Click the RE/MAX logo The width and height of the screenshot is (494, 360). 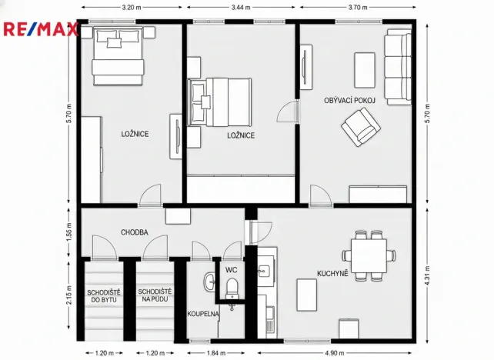(41, 30)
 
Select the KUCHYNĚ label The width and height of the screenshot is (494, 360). (332, 273)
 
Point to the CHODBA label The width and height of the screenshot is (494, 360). (134, 232)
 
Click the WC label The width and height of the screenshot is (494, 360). (230, 270)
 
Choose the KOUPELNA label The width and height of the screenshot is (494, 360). (203, 314)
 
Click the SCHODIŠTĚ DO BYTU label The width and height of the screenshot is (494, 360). (102, 295)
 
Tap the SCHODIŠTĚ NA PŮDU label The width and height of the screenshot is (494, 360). (155, 295)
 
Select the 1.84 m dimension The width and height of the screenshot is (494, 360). (215, 353)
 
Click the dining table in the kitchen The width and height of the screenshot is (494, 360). (368, 255)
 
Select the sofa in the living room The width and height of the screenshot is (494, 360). (399, 68)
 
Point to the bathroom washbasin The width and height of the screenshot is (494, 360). (209, 282)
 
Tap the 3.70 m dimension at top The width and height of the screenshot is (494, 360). (356, 7)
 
